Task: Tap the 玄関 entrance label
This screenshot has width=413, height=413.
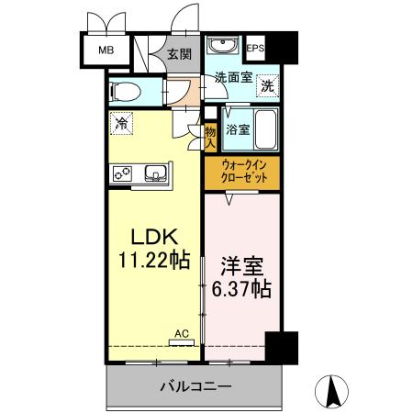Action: [179, 54]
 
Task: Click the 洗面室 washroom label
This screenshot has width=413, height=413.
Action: [233, 78]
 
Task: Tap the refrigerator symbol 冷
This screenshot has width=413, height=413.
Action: [121, 120]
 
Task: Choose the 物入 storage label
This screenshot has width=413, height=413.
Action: [209, 138]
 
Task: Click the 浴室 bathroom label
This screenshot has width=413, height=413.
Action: [237, 129]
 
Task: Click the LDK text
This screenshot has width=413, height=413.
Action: [151, 233]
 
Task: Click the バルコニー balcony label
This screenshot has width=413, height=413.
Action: [191, 386]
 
